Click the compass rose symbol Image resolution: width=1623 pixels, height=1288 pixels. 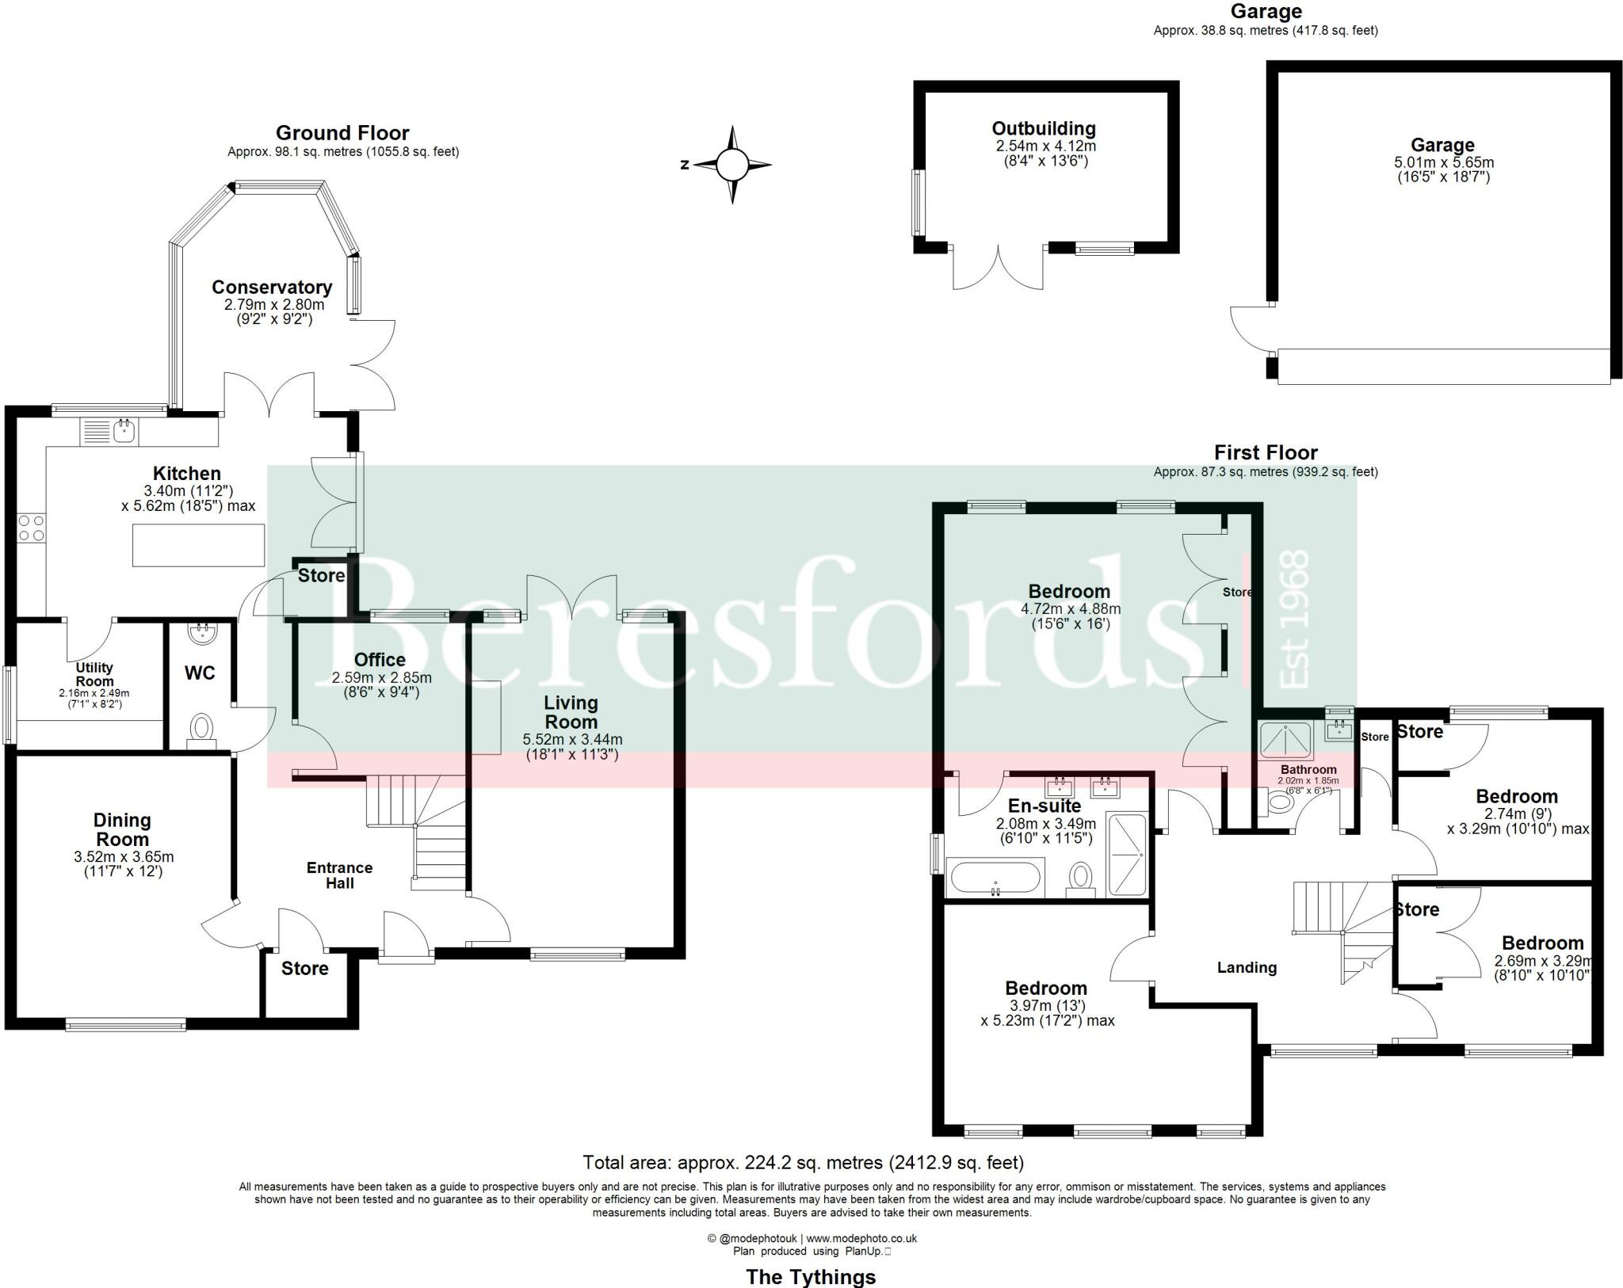pos(731,166)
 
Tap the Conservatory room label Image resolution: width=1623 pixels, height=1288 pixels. pos(271,287)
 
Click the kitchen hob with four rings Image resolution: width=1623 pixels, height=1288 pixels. pos(32,528)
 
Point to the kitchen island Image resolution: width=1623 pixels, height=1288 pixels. pos(198,545)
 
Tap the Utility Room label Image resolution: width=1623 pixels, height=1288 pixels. pos(94,674)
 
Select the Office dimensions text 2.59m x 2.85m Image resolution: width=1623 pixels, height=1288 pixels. pos(381,678)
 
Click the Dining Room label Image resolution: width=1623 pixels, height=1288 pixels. pos(122,829)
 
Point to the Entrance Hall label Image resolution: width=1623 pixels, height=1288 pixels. pos(339,875)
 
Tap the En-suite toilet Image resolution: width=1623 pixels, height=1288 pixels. pos(1080,879)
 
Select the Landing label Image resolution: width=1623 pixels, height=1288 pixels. pos(1247,967)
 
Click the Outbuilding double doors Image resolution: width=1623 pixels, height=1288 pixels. pos(998,268)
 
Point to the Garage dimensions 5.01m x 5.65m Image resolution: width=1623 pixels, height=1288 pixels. pos(1443,162)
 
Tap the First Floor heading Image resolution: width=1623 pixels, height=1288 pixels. pos(1266,452)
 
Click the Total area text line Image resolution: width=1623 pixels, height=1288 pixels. pos(803,1162)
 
